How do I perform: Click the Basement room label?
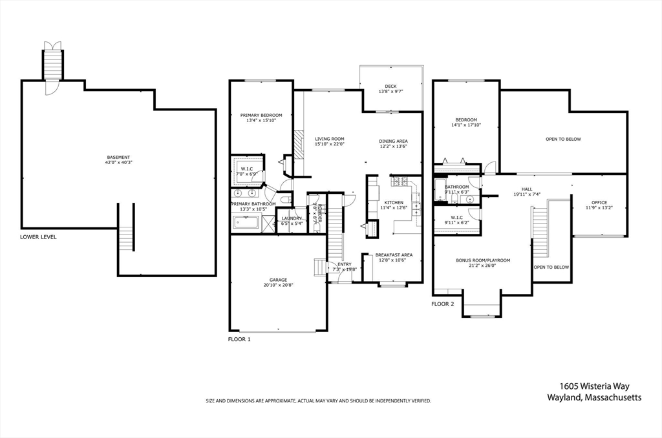(118, 157)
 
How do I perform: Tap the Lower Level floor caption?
(38, 237)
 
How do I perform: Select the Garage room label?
(278, 280)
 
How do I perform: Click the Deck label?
(390, 86)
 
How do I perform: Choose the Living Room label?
(329, 138)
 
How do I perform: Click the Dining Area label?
(393, 141)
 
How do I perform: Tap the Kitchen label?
(394, 202)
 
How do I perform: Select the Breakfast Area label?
(394, 255)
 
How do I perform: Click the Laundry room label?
(292, 218)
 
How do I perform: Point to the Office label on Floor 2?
(599, 202)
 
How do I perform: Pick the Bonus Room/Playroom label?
(483, 260)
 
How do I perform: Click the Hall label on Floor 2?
(527, 189)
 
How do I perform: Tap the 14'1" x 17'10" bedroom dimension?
(466, 125)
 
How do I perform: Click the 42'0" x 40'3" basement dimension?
(118, 163)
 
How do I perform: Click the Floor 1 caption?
(239, 339)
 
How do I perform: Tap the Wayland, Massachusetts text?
(594, 398)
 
